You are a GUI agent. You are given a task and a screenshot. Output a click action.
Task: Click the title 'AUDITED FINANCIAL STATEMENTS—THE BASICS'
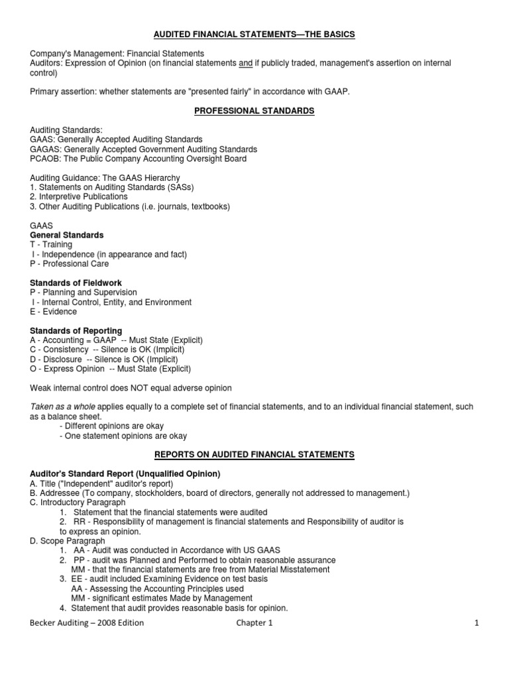[254, 34]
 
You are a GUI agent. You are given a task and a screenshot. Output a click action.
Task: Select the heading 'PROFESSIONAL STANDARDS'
[254, 111]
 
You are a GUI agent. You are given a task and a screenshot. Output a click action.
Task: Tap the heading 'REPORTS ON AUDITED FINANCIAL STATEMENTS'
[254, 454]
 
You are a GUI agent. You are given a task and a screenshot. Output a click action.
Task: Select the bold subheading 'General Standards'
[67, 235]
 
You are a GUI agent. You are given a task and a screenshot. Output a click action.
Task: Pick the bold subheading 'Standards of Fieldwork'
[76, 283]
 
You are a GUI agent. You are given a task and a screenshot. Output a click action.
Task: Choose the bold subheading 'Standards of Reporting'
[76, 330]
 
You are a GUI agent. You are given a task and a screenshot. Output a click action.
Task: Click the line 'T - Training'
[51, 244]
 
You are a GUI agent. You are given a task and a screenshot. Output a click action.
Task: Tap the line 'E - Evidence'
[53, 312]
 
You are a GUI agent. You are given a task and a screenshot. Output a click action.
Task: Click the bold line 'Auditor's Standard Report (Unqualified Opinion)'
[125, 473]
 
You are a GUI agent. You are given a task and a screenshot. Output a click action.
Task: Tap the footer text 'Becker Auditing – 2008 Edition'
[87, 623]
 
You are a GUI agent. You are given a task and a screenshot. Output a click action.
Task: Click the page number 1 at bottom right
[476, 623]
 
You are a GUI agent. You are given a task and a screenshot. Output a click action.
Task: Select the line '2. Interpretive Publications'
[79, 197]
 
